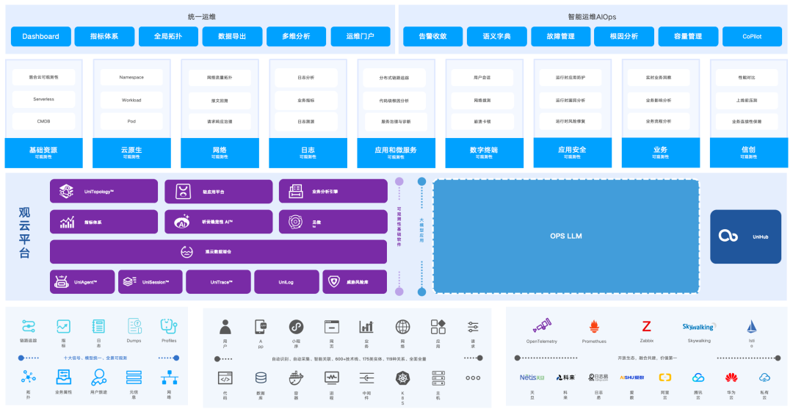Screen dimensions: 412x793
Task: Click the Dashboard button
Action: [41, 36]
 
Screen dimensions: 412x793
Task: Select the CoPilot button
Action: [751, 36]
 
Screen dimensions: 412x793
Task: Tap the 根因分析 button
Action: [615, 36]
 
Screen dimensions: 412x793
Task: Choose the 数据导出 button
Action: [232, 36]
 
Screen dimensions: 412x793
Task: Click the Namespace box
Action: [131, 77]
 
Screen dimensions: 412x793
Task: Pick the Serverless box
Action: [43, 99]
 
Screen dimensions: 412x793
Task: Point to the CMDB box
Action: [43, 121]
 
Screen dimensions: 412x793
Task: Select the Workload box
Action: [131, 99]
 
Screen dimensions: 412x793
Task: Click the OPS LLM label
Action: [565, 236]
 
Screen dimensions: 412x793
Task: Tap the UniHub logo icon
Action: [728, 236]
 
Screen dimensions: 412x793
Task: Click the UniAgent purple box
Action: [83, 282]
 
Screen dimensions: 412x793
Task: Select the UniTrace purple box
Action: [219, 282]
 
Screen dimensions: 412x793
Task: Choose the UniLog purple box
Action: [286, 282]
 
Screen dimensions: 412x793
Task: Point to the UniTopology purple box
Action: [104, 192]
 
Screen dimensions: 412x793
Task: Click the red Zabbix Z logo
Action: [647, 326]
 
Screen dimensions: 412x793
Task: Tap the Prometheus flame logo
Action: [594, 326]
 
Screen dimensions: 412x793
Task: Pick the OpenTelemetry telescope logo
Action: [542, 325]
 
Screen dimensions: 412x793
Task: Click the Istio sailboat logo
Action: [752, 327]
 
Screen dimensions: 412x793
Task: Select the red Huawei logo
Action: [731, 377]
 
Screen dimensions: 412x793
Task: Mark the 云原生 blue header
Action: [131, 152]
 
